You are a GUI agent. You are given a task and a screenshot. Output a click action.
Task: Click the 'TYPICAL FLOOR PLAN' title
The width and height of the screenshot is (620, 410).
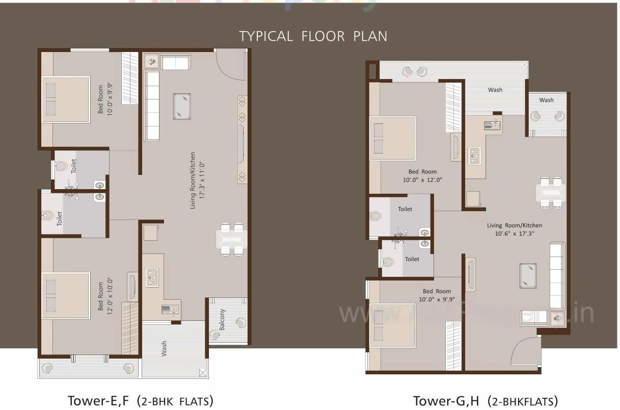click(313, 36)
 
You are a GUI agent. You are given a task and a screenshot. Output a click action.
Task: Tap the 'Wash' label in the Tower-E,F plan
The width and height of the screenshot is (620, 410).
click(164, 349)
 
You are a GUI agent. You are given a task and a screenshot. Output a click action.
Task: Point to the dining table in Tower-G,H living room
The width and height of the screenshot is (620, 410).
click(551, 192)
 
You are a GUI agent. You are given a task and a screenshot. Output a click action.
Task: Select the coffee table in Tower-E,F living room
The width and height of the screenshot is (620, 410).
click(182, 106)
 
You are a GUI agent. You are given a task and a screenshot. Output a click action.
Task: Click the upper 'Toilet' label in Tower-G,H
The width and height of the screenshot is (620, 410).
click(405, 209)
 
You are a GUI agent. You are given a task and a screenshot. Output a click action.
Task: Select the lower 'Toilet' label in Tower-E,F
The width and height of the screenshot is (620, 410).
click(60, 219)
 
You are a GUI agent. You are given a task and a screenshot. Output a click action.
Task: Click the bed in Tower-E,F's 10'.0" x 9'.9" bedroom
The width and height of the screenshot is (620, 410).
click(65, 99)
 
